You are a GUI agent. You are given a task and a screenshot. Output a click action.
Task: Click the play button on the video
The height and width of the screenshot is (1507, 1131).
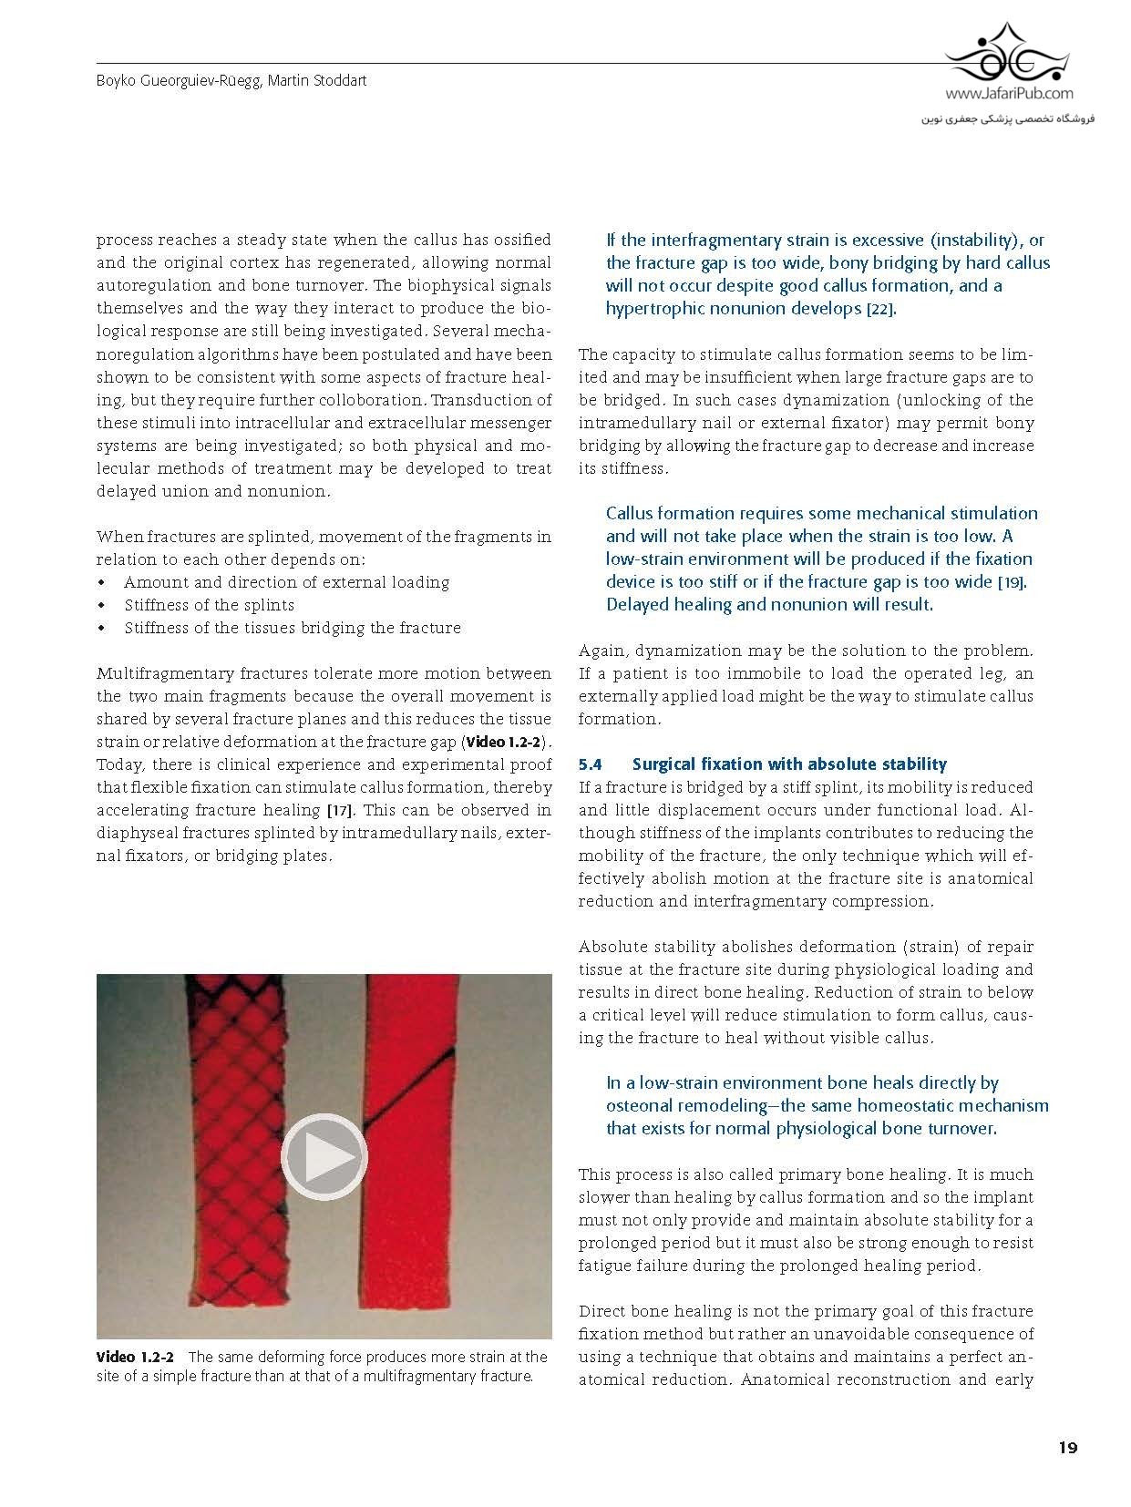[324, 1156]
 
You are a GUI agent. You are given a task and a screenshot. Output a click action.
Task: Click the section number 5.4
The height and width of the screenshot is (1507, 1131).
[591, 764]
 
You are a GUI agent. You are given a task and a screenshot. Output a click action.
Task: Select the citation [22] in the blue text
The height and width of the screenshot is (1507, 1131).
[880, 309]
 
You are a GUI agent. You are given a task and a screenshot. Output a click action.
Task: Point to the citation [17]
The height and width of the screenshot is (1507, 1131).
[340, 811]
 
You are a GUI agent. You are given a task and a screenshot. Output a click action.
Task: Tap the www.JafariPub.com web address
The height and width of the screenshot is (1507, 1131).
[1009, 93]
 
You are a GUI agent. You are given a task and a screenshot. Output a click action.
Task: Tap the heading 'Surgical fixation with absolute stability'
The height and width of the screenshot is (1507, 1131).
[789, 764]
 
